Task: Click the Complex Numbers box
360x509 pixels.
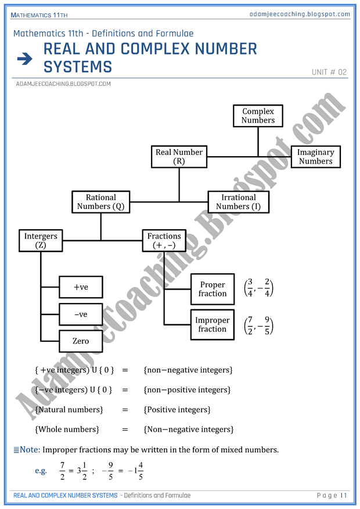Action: [258, 115]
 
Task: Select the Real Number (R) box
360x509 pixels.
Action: [179, 157]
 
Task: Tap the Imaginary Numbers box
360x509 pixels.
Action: [315, 157]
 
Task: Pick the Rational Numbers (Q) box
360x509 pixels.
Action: [100, 202]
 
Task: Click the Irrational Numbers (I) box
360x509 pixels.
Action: [238, 202]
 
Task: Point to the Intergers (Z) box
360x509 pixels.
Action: [41, 240]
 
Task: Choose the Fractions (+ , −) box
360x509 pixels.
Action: [164, 240]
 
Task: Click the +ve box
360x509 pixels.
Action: [81, 287]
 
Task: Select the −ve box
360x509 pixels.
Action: [81, 314]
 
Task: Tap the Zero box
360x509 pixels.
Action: [81, 341]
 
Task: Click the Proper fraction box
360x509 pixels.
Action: [213, 289]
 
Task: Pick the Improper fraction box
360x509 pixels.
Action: [213, 324]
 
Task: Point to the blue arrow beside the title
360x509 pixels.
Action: [24, 58]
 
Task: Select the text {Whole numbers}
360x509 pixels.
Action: [67, 429]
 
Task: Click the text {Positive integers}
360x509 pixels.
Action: [177, 410]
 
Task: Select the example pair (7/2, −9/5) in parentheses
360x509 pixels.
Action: [258, 324]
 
